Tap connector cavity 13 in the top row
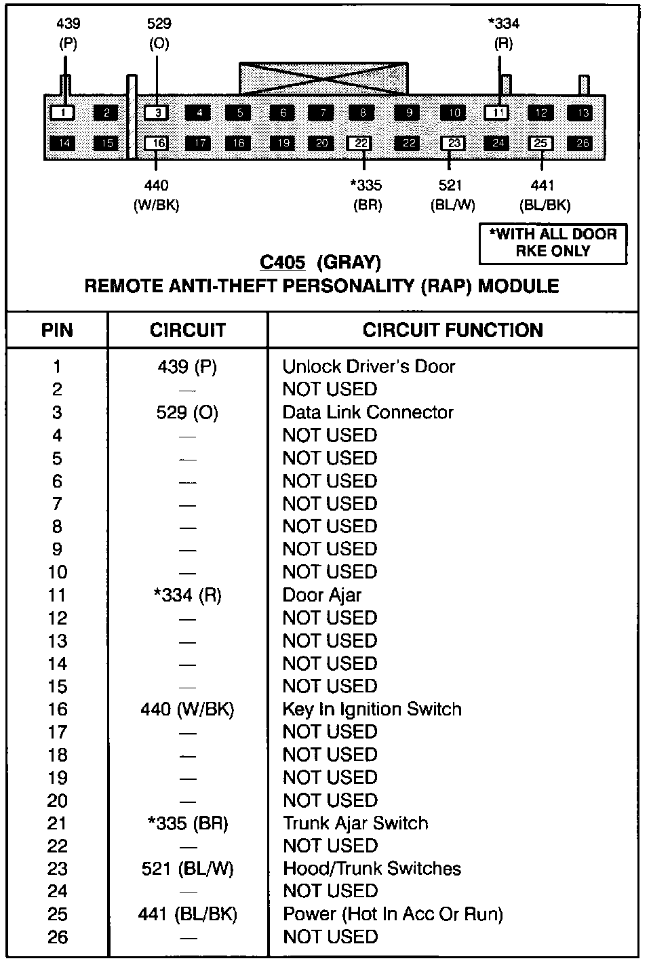point(583,113)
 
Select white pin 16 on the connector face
point(157,143)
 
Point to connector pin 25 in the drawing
point(540,143)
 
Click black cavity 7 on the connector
point(323,113)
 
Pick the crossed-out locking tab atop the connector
point(323,79)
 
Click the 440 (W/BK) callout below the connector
point(157,195)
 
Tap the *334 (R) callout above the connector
point(503,33)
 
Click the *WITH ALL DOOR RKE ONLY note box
point(553,243)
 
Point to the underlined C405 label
point(283,262)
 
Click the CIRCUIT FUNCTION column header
point(452,330)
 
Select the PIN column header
point(57,330)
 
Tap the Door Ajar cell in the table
point(322,595)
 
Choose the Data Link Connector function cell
point(368,412)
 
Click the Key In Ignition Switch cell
point(372,709)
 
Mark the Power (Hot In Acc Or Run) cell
point(393,914)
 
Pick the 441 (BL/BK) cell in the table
point(187,914)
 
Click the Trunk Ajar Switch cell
point(355,823)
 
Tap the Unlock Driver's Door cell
point(369,367)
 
